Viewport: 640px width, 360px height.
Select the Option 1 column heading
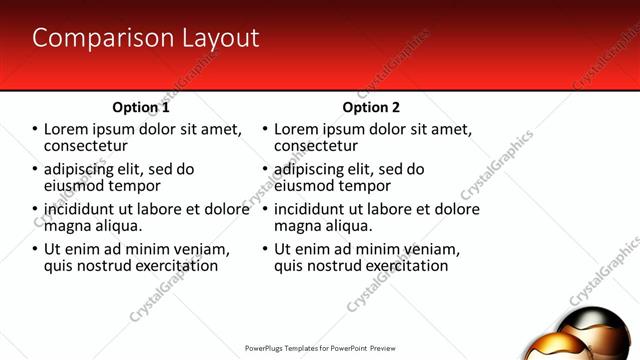tap(141, 107)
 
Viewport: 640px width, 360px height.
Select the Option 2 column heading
tap(371, 107)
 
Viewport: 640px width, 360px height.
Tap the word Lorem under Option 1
tap(67, 129)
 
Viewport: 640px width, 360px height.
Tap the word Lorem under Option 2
tap(297, 129)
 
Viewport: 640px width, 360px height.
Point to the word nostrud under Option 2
tap(338, 266)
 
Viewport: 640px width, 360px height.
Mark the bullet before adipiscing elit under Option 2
tap(266, 170)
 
